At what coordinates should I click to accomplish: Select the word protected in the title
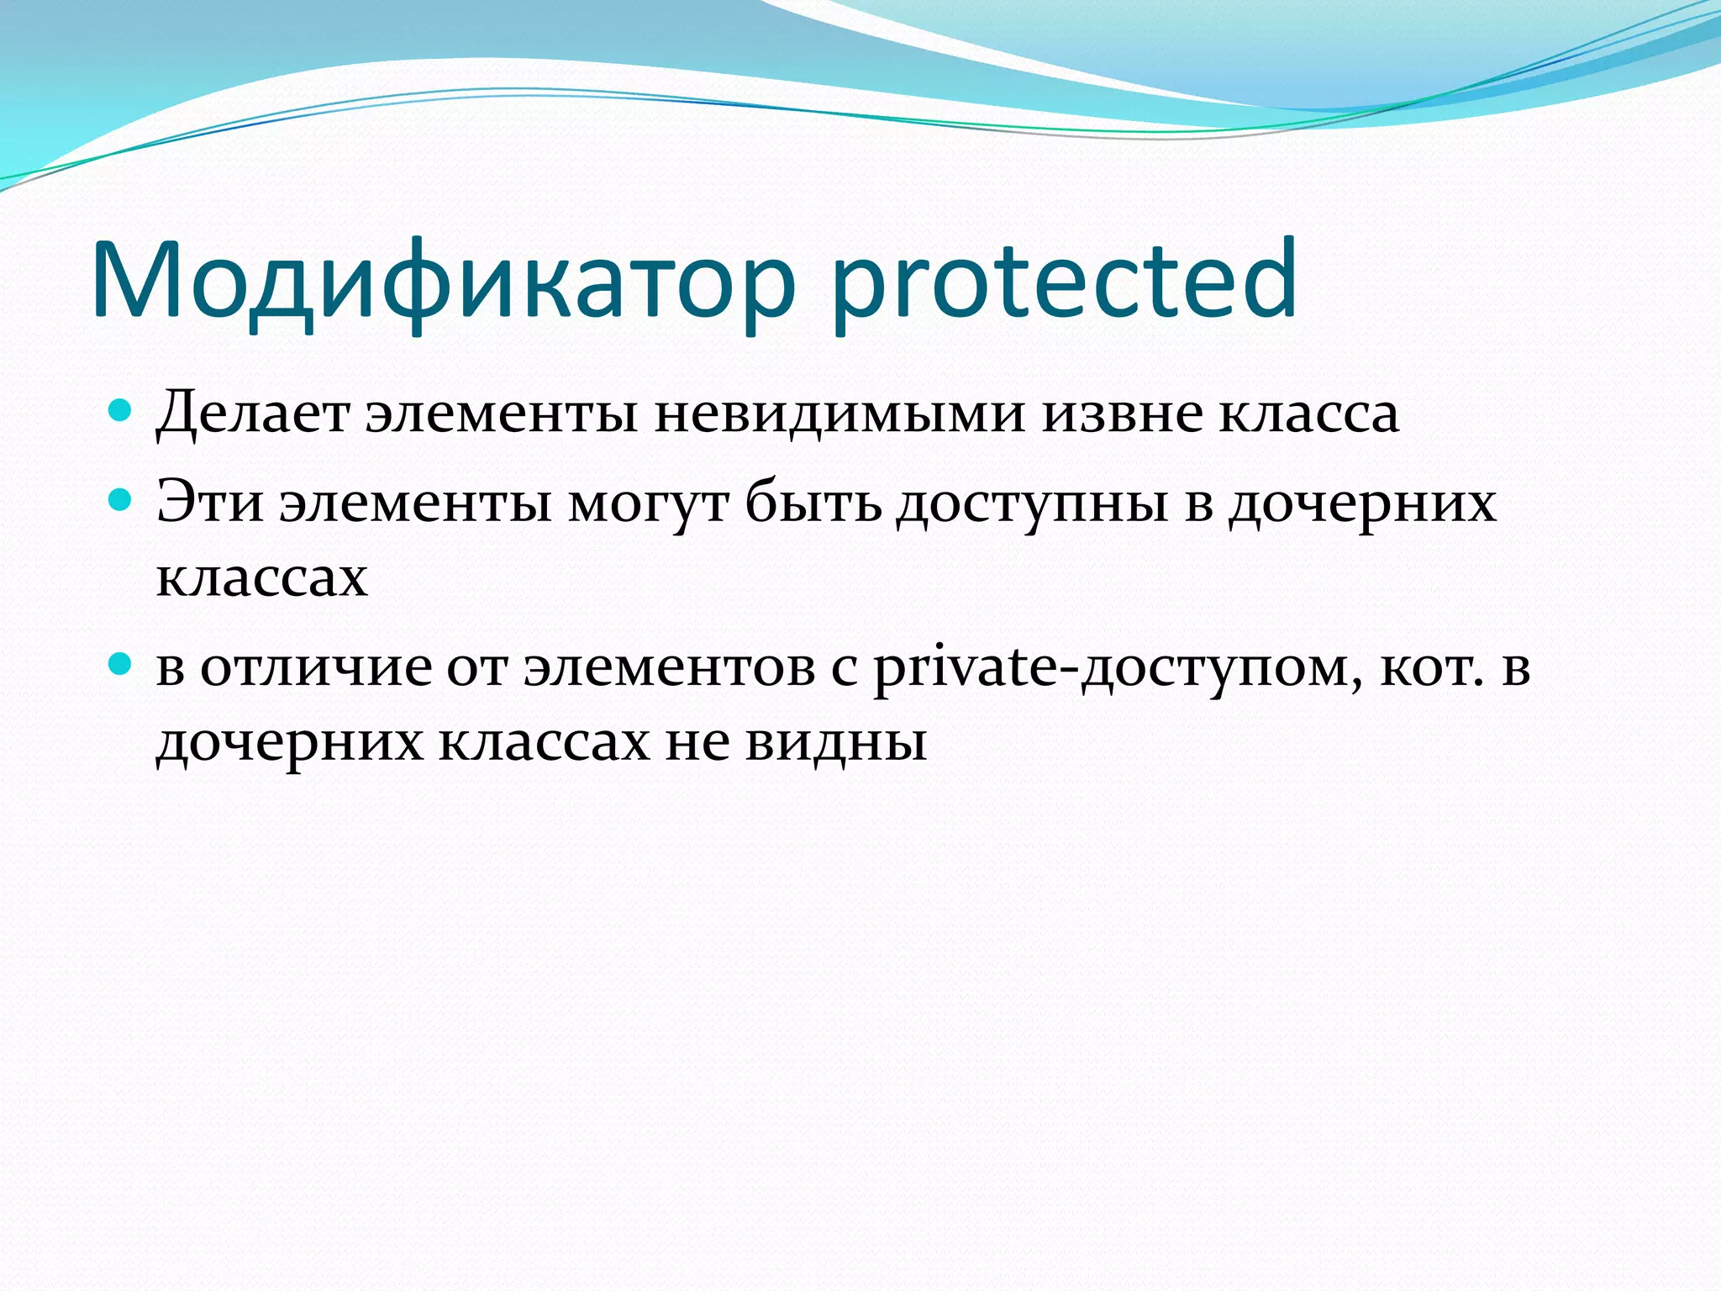(1064, 282)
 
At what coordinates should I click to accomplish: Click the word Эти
(210, 503)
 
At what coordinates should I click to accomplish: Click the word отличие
(316, 669)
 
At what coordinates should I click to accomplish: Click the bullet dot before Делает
(121, 410)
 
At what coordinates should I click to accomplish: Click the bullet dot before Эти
(121, 501)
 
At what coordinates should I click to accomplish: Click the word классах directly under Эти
(261, 578)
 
